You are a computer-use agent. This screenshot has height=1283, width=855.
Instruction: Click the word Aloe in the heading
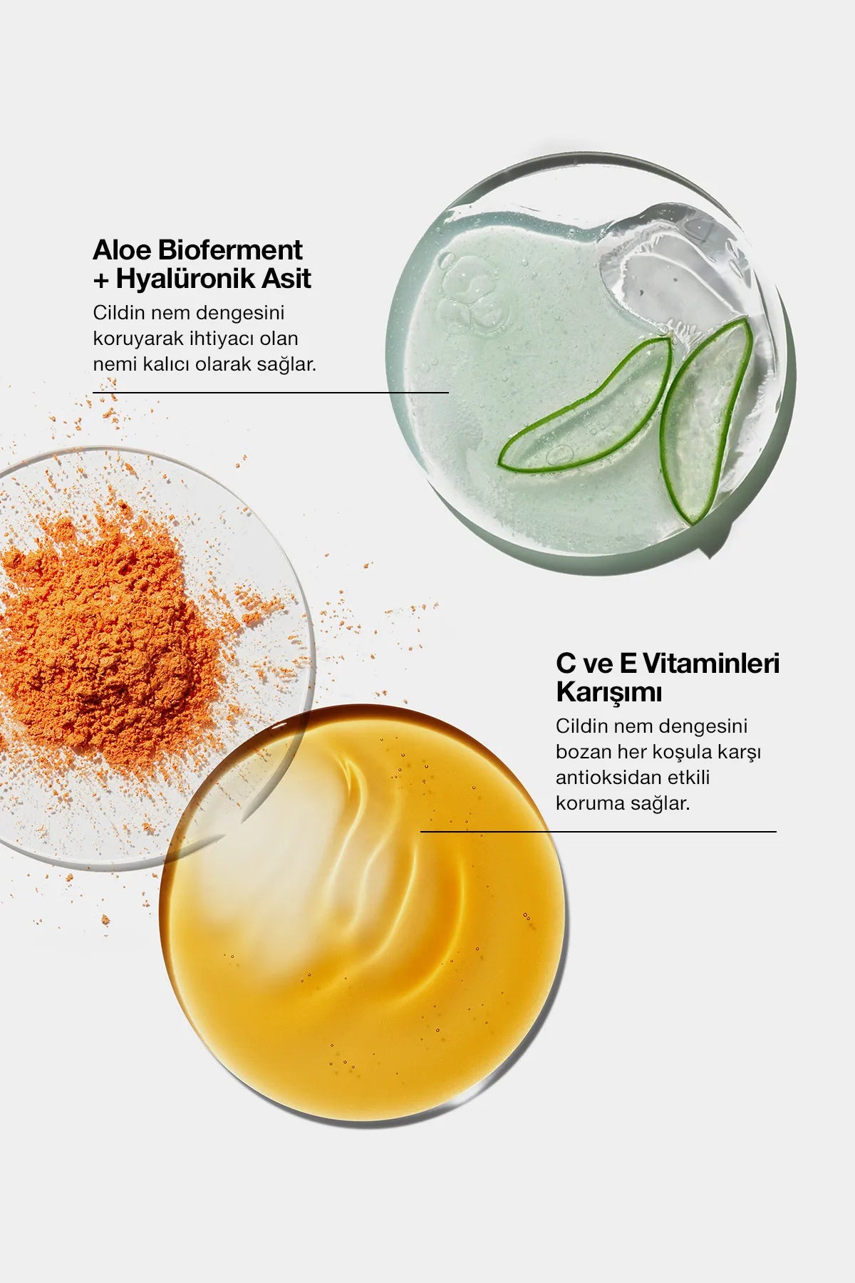(x=122, y=250)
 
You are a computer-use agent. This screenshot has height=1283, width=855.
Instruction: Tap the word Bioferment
(x=229, y=250)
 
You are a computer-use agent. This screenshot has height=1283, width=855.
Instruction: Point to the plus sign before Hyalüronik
(x=101, y=280)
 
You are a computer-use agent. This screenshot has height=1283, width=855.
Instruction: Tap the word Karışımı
(x=608, y=692)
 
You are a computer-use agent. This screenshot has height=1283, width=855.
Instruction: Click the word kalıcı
(x=169, y=364)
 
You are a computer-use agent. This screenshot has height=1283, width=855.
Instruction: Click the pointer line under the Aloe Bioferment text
(x=271, y=392)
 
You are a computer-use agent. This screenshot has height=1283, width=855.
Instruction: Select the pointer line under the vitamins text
(x=598, y=831)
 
